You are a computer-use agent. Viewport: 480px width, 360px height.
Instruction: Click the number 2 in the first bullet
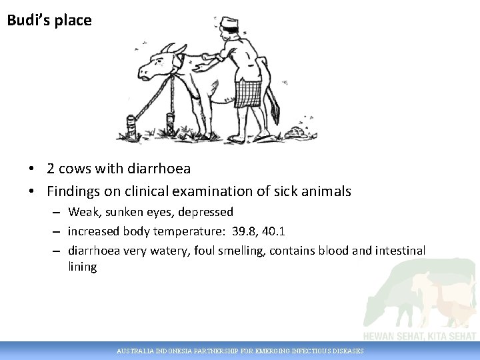tap(51, 169)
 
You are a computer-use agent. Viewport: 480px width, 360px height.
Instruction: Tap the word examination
tap(205, 191)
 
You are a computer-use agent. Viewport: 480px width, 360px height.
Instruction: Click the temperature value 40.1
tap(275, 231)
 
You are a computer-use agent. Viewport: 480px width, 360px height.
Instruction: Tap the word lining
tap(82, 267)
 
